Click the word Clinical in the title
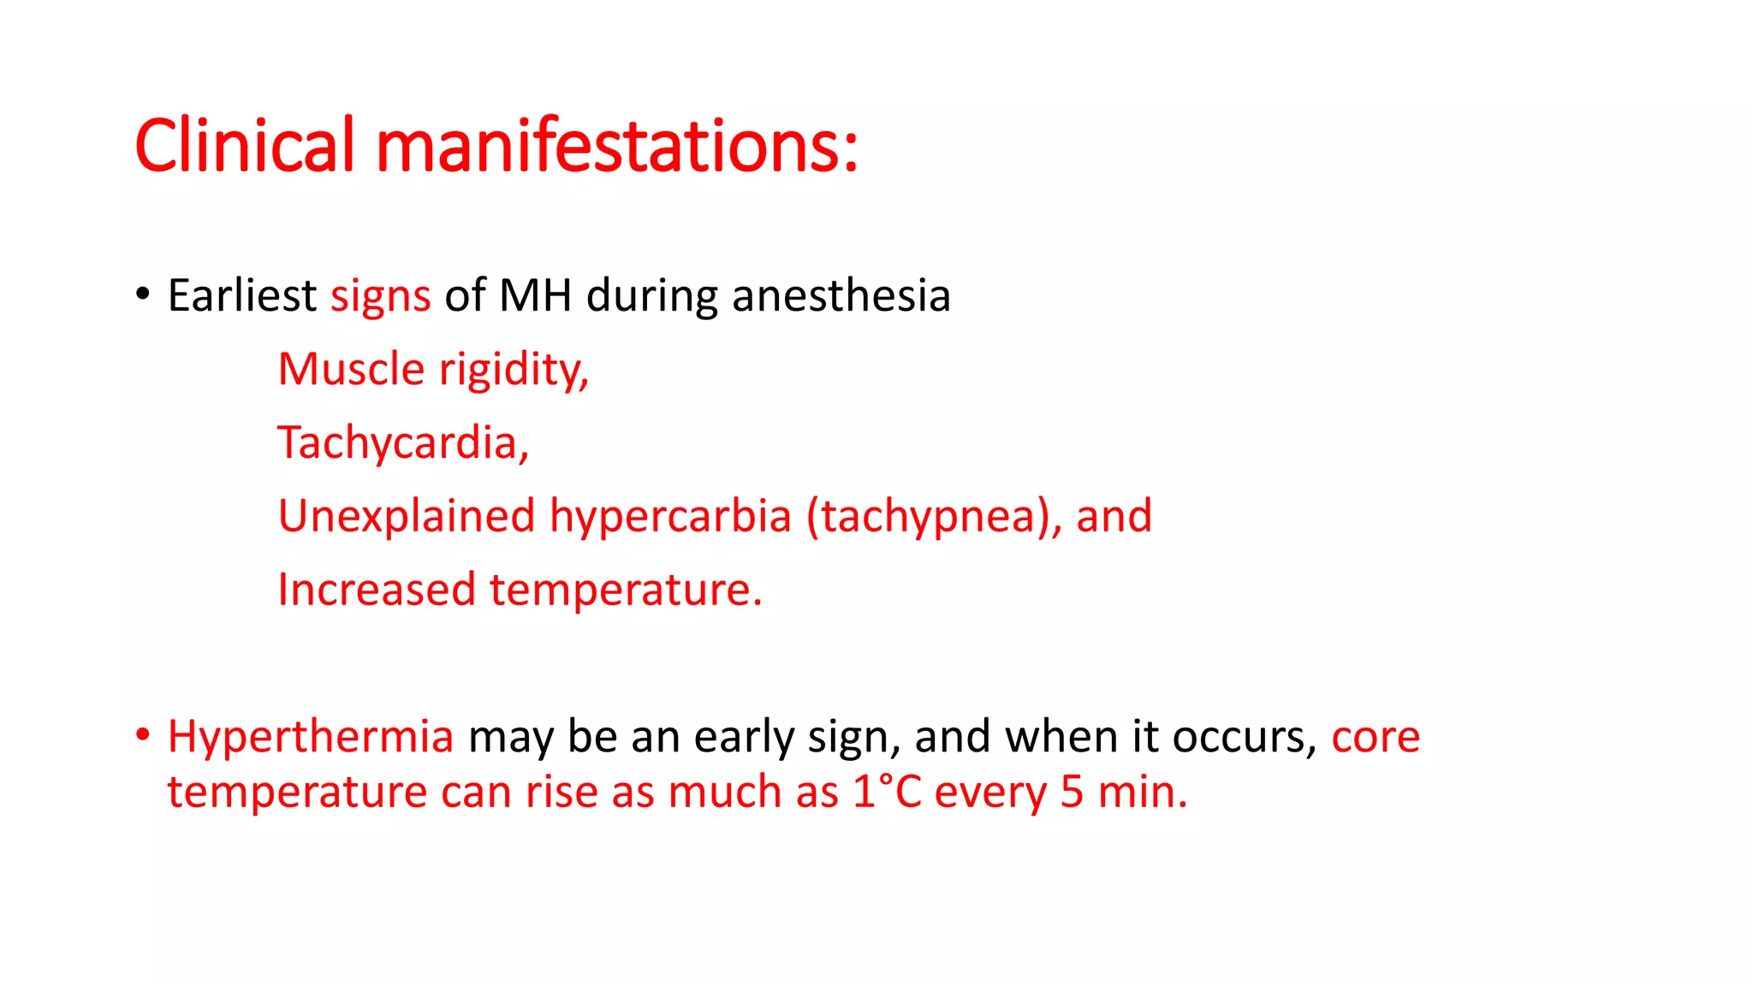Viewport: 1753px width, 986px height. click(244, 146)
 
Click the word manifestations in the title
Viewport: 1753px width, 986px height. click(616, 146)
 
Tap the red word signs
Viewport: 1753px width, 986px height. click(380, 297)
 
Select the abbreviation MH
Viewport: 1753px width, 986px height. click(535, 295)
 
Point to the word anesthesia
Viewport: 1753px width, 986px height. click(841, 295)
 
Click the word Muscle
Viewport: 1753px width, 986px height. click(351, 369)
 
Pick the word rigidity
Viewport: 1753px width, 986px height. click(514, 371)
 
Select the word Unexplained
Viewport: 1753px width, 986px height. click(407, 517)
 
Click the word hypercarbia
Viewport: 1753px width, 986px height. click(670, 517)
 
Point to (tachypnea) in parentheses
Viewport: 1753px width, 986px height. click(928, 517)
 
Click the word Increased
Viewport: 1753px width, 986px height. click(377, 590)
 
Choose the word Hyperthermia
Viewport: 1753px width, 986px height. click(310, 737)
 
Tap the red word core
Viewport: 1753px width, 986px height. click(1376, 737)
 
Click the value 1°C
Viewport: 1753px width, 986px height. click(887, 792)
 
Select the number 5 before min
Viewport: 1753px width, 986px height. click(1072, 792)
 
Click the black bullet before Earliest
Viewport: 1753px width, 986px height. click(143, 294)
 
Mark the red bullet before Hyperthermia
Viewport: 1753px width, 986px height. click(143, 734)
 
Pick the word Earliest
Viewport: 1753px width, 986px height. click(242, 295)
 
